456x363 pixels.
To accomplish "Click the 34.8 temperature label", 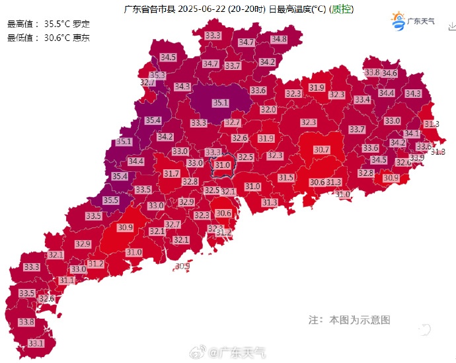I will click(x=279, y=40).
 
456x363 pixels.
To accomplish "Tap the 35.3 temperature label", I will click(x=157, y=75).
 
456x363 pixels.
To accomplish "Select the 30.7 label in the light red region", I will click(x=321, y=150).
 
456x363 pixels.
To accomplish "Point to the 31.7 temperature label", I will click(x=172, y=173).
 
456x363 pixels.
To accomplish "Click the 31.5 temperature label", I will click(x=285, y=178).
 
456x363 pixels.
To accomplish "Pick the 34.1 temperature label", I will click(x=412, y=133).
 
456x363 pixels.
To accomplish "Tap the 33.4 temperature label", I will click(x=362, y=100).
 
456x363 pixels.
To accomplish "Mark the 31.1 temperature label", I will click(x=67, y=280).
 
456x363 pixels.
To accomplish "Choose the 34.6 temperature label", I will click(x=389, y=73).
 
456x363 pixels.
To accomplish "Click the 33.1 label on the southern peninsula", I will click(x=36, y=343).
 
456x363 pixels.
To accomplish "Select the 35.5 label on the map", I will click(x=110, y=200).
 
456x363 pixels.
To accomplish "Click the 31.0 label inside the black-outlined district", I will click(x=223, y=165).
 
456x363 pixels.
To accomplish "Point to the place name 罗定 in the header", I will click(x=81, y=24).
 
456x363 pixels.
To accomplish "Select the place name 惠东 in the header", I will click(x=81, y=38).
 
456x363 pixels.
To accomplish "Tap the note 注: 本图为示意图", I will click(x=350, y=320).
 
